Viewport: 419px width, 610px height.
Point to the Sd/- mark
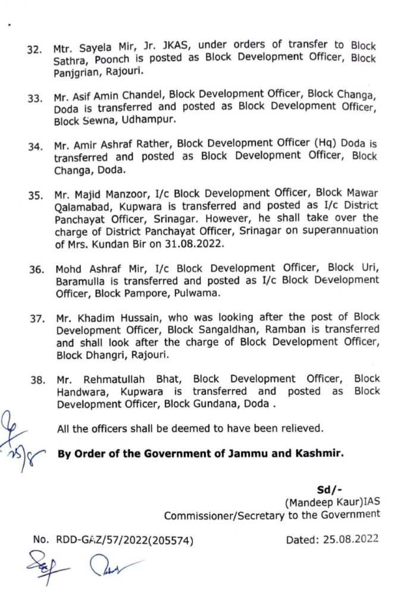(x=328, y=490)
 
